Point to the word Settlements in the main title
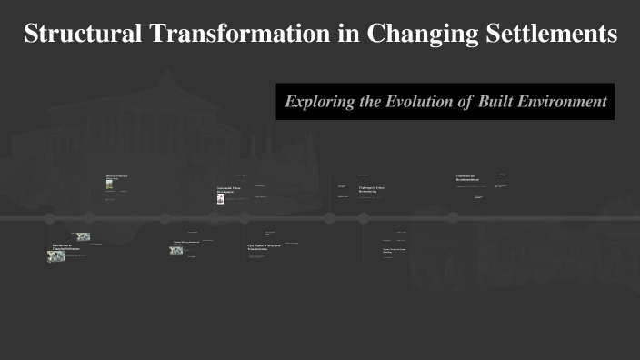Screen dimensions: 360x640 point(555,34)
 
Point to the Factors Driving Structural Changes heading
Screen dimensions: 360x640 point(187,243)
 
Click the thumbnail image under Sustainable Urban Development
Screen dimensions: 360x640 point(220,198)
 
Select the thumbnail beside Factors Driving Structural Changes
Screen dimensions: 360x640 point(176,249)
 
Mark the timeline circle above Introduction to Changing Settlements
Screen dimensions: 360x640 point(50,217)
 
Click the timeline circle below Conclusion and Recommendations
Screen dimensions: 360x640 point(453,217)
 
